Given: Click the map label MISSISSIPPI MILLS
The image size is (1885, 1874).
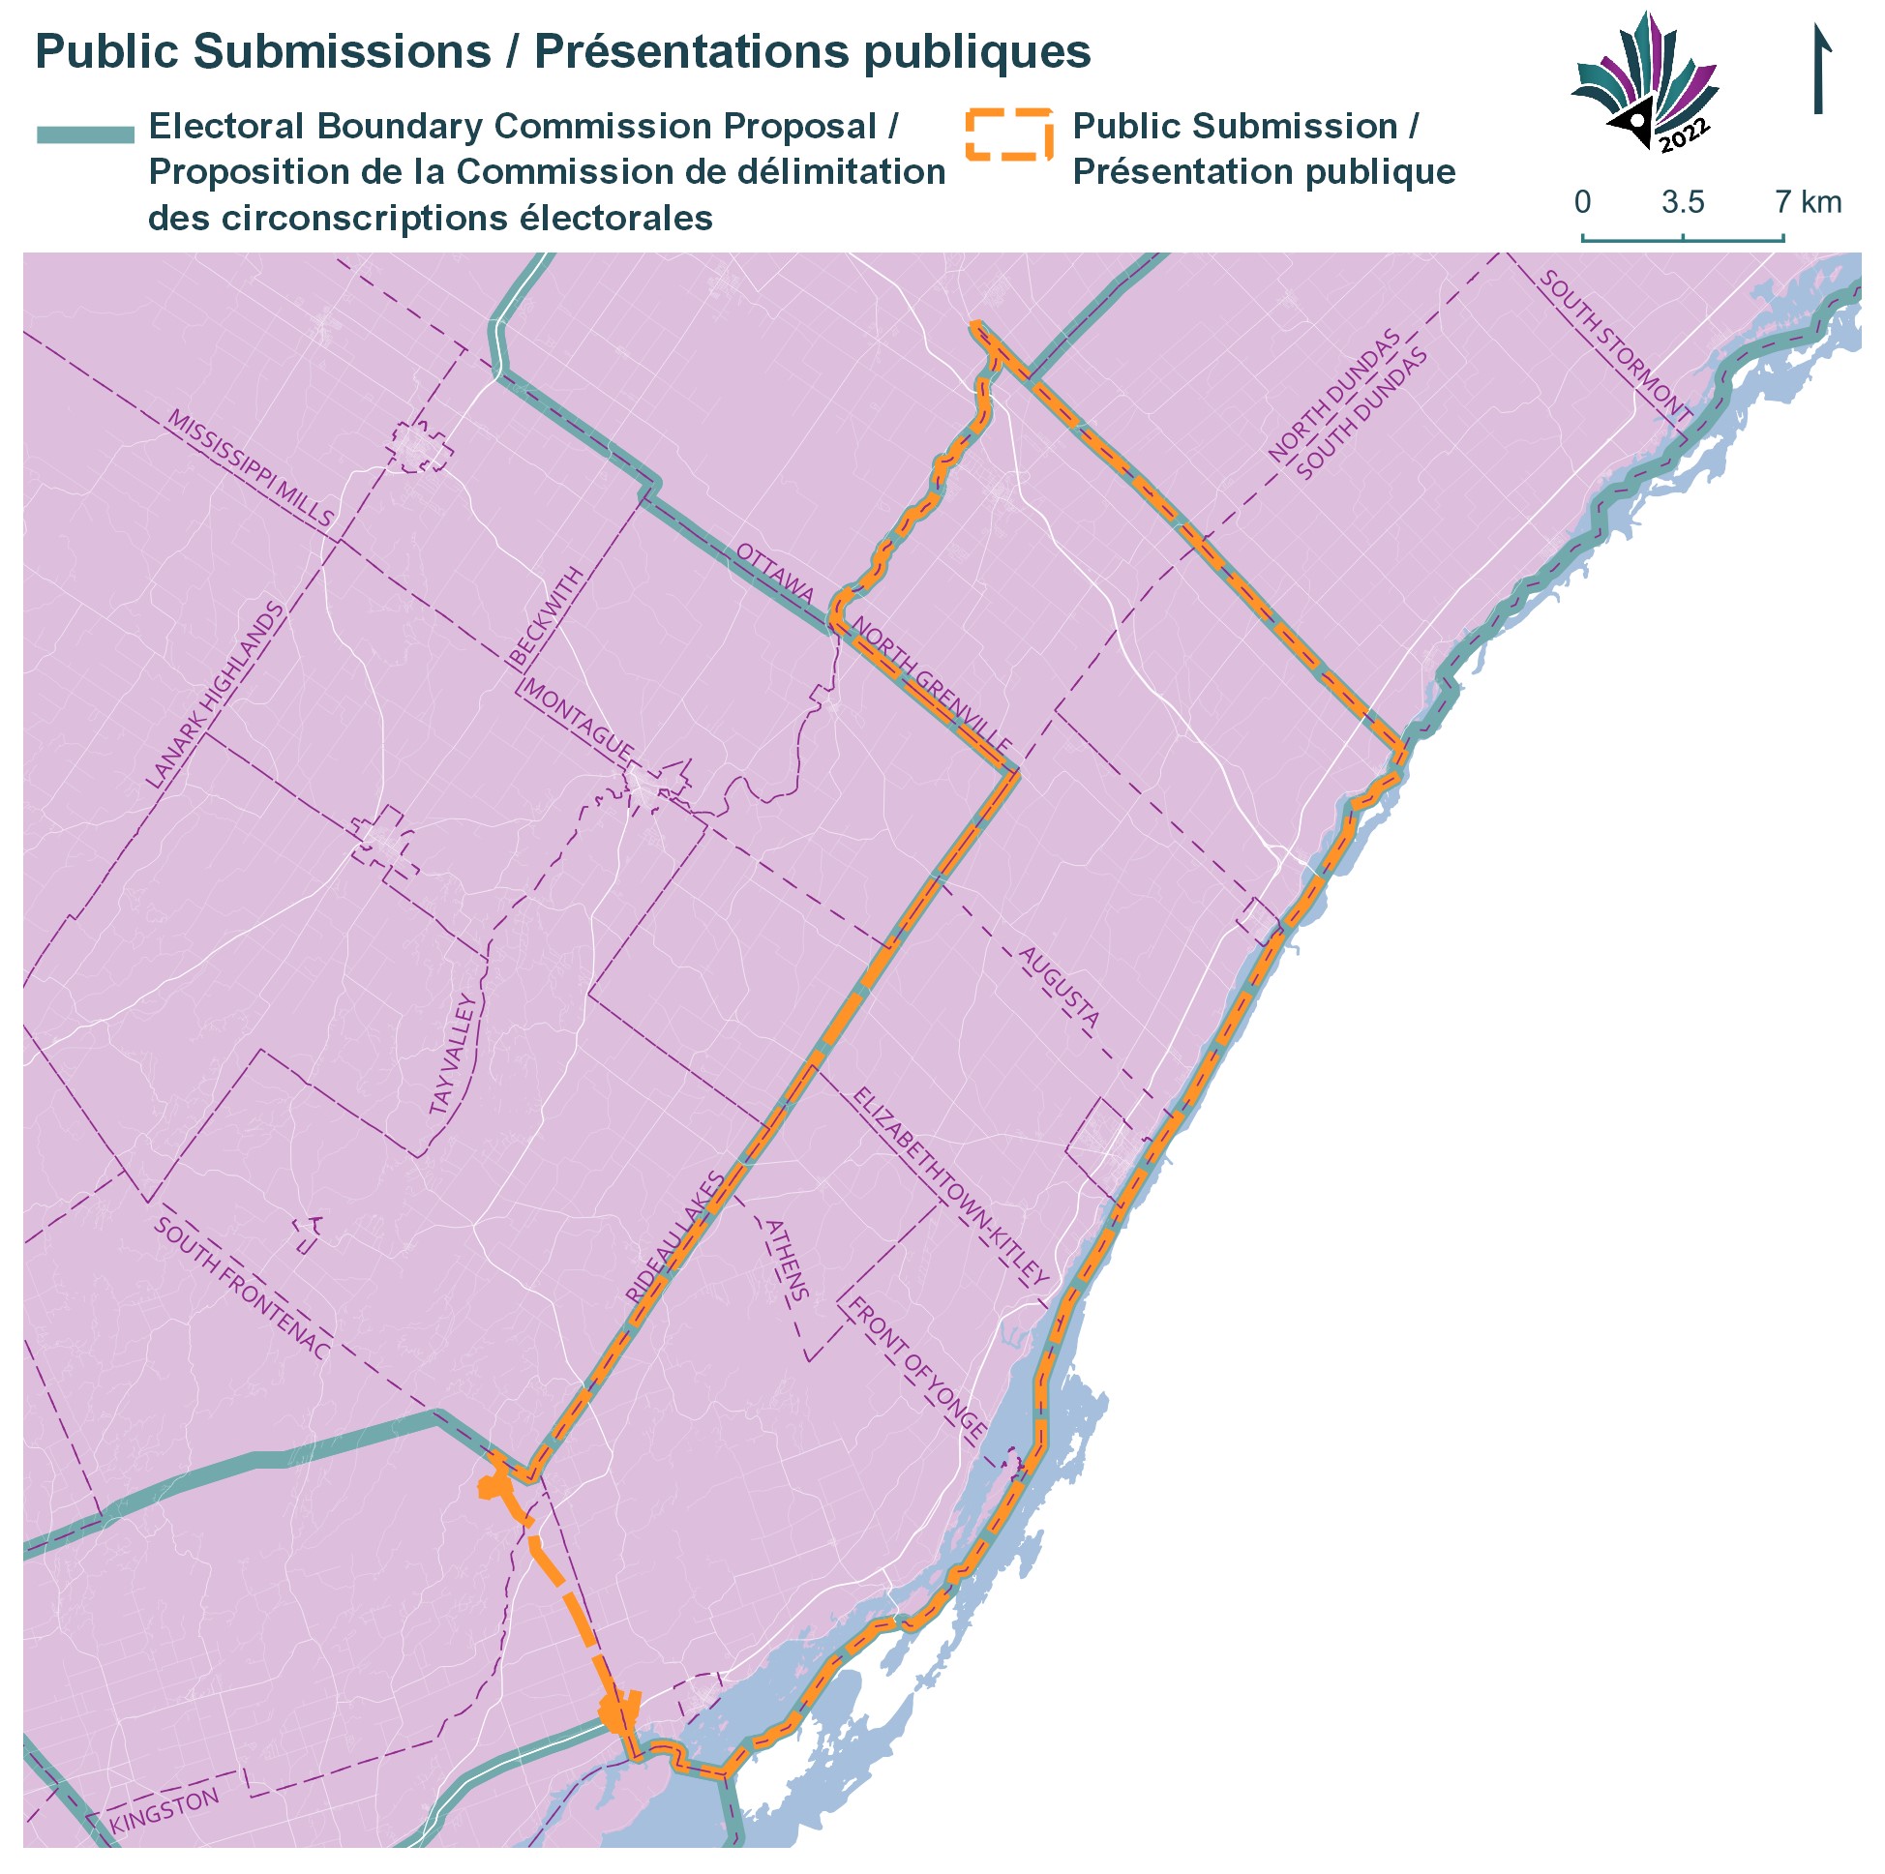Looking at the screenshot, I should coord(251,468).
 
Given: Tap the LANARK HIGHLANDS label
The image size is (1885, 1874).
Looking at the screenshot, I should coord(216,695).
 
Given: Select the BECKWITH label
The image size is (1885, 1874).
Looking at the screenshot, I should coord(548,616).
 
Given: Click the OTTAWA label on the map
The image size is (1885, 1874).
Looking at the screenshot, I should coord(775,572).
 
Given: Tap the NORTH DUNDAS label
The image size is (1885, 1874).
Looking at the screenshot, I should coord(1333,395).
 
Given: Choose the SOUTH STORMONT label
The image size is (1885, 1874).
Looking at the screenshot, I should coord(1615,345).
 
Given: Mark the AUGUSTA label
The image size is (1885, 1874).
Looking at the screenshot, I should coord(1060,986).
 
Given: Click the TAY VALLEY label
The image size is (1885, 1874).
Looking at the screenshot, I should coord(455,1055).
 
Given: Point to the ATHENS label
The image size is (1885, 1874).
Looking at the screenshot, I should coord(787,1260).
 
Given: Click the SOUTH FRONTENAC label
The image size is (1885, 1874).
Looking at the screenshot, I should coord(241,1288).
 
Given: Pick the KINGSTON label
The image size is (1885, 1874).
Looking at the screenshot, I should coord(164,1810).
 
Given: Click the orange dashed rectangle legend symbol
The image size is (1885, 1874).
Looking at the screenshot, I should coord(1009,134).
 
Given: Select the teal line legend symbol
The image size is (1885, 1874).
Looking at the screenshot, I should coord(85,134).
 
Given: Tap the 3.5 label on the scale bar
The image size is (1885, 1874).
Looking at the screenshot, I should coord(1683,203).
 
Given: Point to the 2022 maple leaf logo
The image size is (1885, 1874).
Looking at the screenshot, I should coord(1646,83).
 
